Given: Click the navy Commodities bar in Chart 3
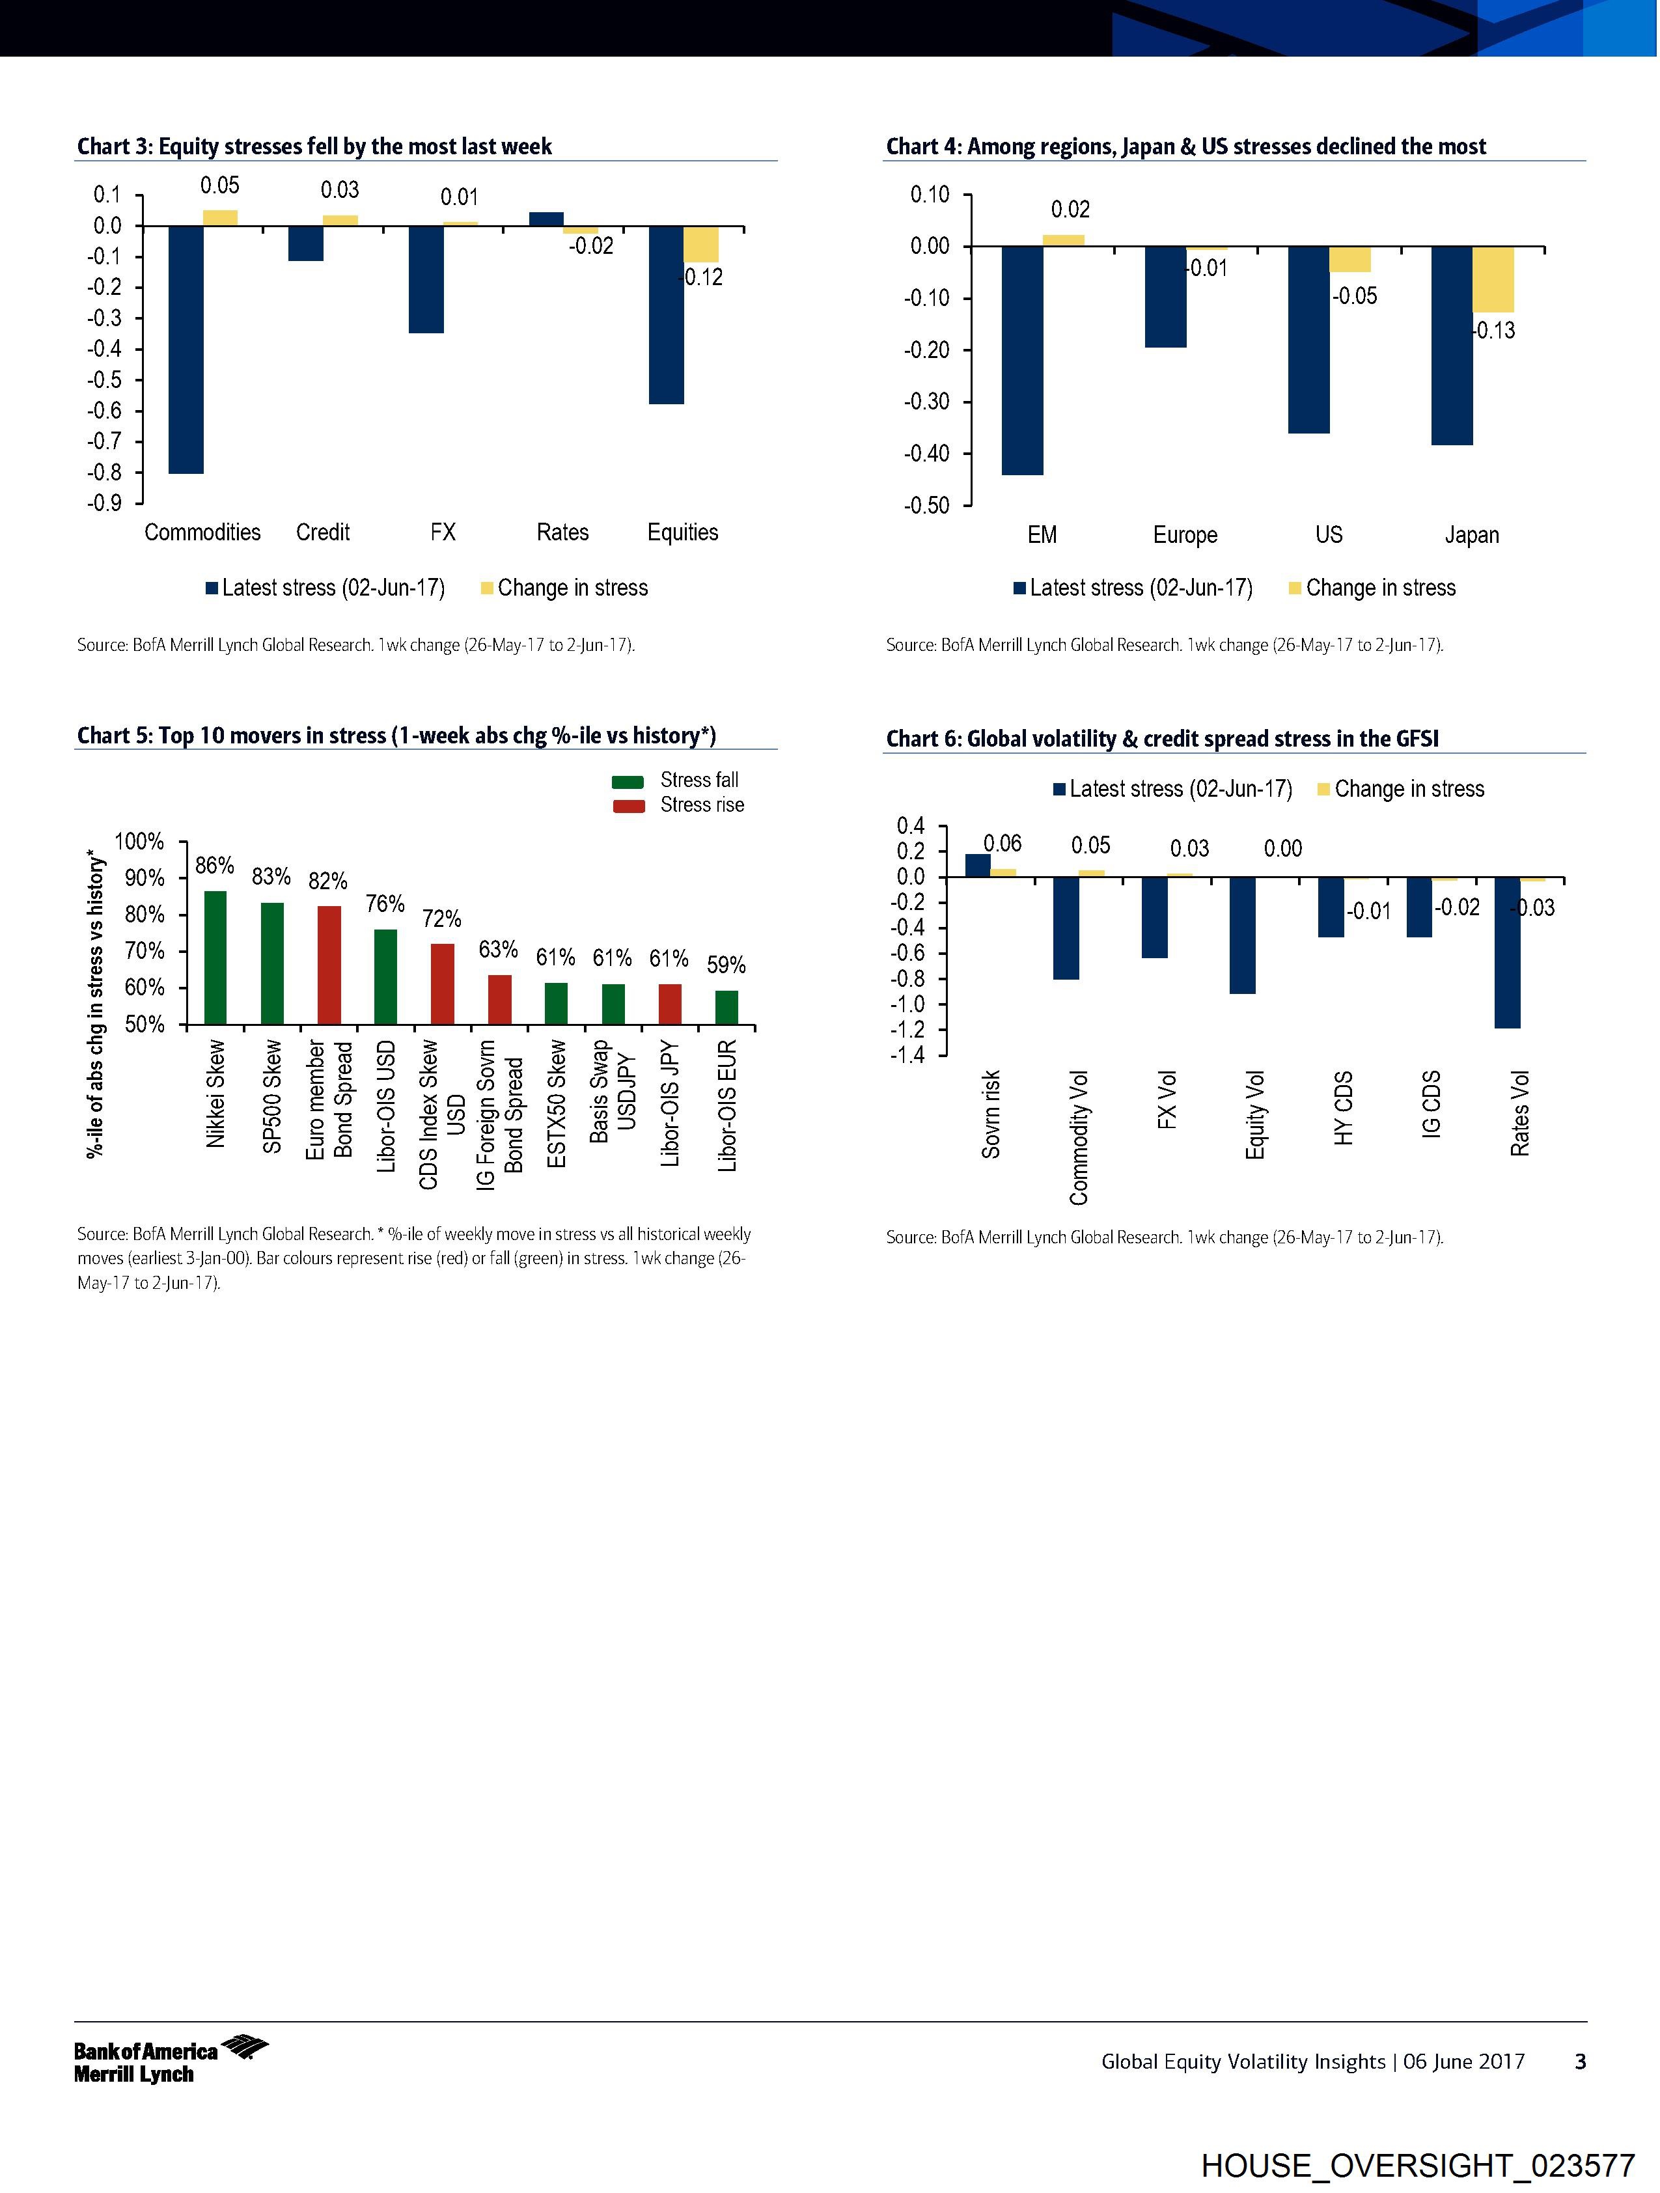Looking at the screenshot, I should [186, 349].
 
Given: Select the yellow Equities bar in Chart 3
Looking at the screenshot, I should [701, 244].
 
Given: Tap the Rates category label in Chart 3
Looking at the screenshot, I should [562, 532].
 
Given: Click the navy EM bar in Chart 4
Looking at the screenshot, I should [1023, 360].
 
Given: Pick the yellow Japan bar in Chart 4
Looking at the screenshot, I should [1493, 280].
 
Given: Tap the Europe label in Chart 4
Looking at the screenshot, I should [1185, 535].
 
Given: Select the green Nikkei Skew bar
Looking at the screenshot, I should [215, 957].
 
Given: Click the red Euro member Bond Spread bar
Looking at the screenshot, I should [329, 965].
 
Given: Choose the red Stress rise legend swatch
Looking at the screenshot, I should [629, 806].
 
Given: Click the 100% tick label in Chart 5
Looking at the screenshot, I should [140, 842].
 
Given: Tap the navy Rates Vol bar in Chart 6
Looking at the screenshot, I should [1507, 953].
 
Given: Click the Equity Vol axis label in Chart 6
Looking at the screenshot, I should [1254, 1114].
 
